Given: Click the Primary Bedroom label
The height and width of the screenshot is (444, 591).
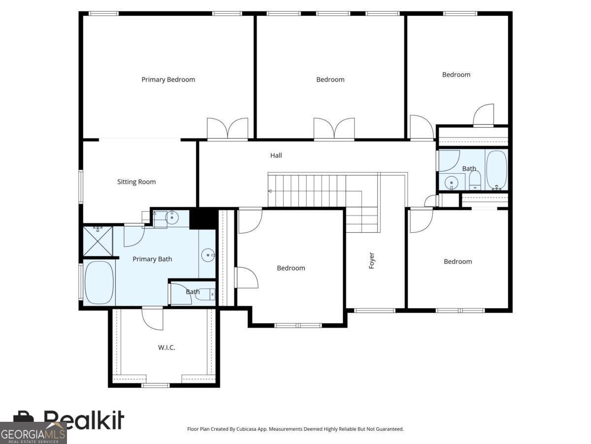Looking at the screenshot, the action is click(168, 79).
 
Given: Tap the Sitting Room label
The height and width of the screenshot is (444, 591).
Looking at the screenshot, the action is click(136, 182).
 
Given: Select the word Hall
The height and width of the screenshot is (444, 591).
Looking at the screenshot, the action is click(276, 155).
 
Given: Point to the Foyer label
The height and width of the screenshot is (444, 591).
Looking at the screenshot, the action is click(371, 260).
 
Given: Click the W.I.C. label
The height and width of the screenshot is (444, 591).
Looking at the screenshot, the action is click(166, 348).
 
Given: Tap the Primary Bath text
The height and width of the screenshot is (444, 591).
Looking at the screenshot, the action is click(152, 259).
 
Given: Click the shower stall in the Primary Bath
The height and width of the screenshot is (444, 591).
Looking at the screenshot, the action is click(98, 241).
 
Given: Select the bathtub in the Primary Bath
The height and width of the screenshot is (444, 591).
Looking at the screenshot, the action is click(99, 282).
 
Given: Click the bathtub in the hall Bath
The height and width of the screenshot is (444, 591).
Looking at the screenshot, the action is click(497, 170).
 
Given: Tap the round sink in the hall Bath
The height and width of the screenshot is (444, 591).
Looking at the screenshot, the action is click(452, 183).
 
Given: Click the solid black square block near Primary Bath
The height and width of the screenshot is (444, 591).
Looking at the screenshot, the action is click(203, 219).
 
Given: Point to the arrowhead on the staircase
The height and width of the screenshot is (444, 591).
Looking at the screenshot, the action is click(270, 191).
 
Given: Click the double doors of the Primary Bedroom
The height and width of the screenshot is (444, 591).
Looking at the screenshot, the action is click(228, 129).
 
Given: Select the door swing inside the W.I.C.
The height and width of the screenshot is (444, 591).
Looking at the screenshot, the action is click(153, 319).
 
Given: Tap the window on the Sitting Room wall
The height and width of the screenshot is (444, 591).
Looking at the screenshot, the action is click(80, 186).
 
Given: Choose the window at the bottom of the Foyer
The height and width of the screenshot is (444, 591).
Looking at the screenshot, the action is click(374, 311).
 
